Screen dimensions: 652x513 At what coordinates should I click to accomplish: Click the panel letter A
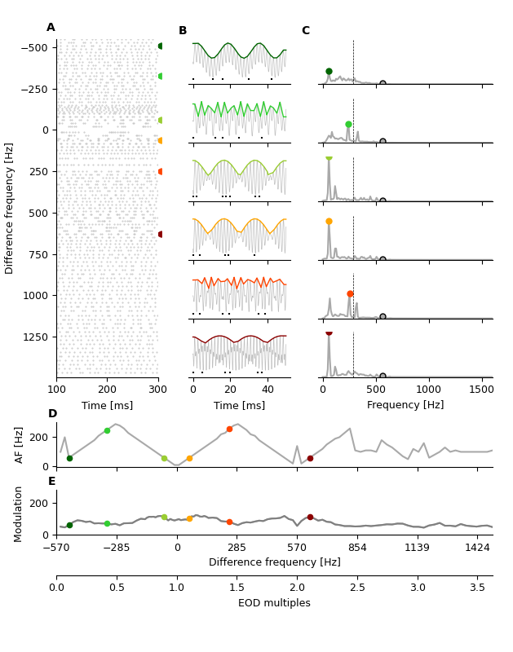51,28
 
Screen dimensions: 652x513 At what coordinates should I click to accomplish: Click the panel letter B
183,31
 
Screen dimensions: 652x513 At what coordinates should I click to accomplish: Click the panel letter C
306,31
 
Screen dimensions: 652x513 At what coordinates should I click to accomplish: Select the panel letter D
52,414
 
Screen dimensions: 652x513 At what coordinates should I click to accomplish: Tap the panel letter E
52,482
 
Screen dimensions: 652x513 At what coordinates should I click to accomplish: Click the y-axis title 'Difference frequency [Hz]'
10,208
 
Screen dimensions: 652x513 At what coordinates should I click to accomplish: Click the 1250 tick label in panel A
35,337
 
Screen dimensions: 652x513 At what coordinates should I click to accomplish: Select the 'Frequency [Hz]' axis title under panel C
405,405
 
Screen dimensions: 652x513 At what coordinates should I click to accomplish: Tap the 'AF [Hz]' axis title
20,444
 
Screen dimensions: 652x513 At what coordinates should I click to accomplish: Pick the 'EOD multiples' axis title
274,603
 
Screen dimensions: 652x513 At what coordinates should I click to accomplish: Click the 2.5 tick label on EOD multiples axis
357,588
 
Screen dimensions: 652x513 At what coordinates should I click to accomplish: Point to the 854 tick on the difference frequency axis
357,548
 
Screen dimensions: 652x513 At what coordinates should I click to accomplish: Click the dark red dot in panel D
310,458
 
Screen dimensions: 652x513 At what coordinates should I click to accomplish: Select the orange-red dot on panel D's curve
229,429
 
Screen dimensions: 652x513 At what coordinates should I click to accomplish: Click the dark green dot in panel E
69,525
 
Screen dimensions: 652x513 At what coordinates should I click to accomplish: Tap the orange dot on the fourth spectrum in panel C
329,221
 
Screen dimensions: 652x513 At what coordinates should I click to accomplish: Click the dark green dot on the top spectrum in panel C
329,72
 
